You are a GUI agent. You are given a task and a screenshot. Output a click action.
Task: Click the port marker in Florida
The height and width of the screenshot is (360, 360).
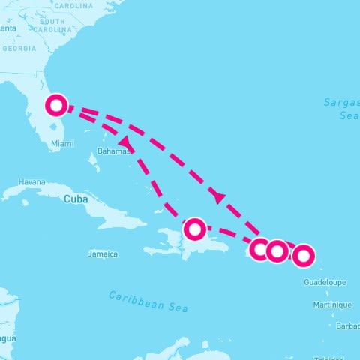pos(56,106)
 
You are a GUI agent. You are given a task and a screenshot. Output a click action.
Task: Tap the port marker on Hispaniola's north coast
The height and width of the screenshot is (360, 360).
pos(195,228)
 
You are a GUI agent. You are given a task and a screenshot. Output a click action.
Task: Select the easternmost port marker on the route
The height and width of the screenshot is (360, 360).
pos(303,256)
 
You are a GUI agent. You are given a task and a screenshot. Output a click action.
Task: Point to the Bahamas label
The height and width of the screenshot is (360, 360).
pos(110,151)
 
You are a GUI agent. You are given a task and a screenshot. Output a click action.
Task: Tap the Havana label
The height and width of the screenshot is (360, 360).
pos(31,182)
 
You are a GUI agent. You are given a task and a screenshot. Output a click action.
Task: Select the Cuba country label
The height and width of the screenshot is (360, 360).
pos(75,199)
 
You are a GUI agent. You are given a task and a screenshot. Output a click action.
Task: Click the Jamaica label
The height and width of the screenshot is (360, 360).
pos(102,254)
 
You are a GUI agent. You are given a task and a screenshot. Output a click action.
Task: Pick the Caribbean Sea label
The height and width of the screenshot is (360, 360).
pos(148,301)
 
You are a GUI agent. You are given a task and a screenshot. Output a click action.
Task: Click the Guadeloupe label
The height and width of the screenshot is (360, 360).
pos(325,283)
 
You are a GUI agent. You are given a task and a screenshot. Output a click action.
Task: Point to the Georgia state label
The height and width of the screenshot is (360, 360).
pos(19,48)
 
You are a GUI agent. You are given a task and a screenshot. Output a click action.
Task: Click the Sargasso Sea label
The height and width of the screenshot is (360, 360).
pos(342,109)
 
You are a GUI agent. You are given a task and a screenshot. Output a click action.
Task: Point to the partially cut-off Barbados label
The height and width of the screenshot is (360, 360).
pos(348,326)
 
